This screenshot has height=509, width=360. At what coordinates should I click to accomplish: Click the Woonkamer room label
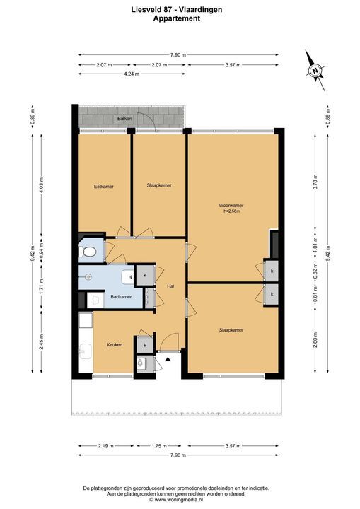tap(231, 206)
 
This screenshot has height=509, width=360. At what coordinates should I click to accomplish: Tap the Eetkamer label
tap(104, 187)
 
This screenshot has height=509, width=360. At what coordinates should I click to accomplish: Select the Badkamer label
tap(121, 297)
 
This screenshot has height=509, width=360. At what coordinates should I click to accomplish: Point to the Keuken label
tap(115, 344)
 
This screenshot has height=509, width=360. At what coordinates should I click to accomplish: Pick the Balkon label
tap(124, 119)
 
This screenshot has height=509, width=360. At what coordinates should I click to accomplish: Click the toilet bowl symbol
tap(88, 252)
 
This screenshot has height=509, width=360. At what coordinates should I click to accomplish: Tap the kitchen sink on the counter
tap(86, 351)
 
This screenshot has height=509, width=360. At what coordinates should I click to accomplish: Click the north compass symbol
tap(315, 71)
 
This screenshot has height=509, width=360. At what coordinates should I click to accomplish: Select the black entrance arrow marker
tap(168, 359)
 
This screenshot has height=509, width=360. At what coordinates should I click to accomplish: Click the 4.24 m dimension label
tap(132, 74)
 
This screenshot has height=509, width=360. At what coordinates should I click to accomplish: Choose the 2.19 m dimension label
tap(105, 446)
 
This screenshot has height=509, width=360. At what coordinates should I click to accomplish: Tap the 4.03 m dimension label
tap(41, 185)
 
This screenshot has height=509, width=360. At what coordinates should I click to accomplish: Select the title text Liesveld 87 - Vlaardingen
tap(177, 10)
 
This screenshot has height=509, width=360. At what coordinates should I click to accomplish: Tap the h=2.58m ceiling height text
tap(232, 211)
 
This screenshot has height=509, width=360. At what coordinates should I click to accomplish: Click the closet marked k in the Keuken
tap(145, 345)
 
